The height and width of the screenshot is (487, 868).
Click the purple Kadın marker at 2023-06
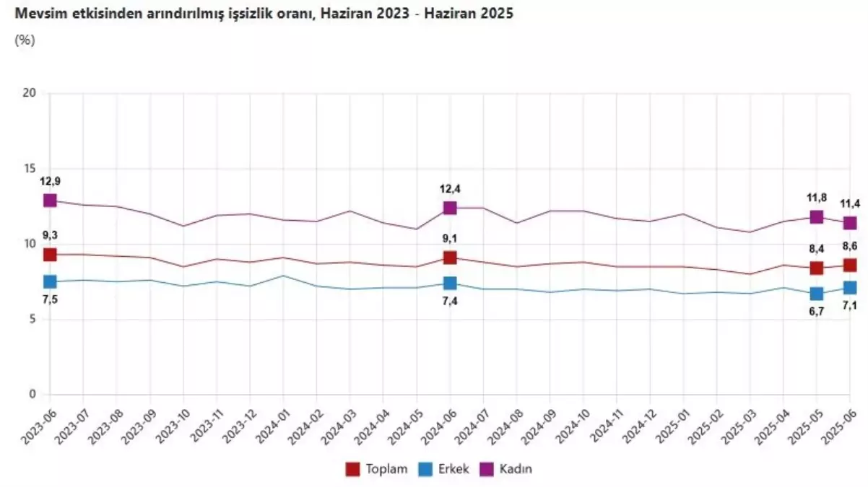click(x=50, y=200)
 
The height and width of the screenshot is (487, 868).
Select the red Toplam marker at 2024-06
click(x=450, y=258)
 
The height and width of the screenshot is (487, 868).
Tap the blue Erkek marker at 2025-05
click(x=817, y=294)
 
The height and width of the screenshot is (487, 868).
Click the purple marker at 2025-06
click(x=850, y=223)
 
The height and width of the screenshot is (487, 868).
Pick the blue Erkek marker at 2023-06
click(x=50, y=281)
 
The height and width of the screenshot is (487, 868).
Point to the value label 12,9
click(x=50, y=181)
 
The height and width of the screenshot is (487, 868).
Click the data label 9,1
click(x=450, y=239)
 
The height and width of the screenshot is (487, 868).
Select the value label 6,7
click(x=817, y=312)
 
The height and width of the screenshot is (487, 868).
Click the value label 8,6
click(x=850, y=247)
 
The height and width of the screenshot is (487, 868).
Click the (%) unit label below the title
click(x=24, y=40)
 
